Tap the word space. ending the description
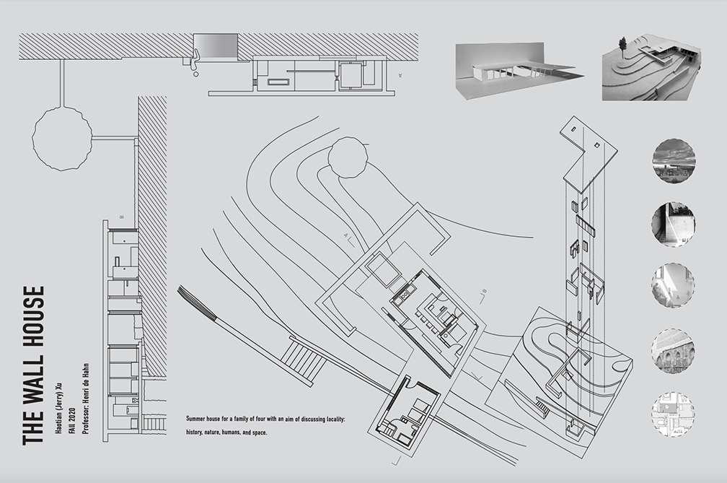click(257, 432)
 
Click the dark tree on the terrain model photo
click(622, 45)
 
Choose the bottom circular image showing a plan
click(673, 414)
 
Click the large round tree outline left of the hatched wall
click(62, 136)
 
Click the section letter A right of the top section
click(399, 75)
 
